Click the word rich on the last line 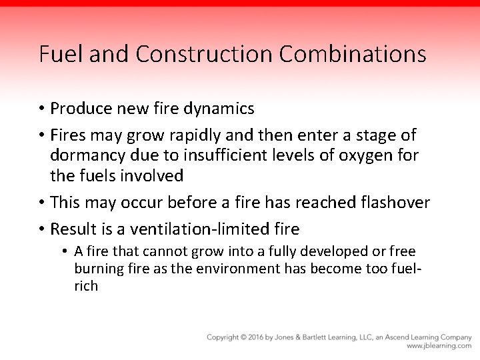click(x=86, y=285)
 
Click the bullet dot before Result click(x=42, y=229)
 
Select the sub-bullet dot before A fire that click(x=67, y=252)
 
